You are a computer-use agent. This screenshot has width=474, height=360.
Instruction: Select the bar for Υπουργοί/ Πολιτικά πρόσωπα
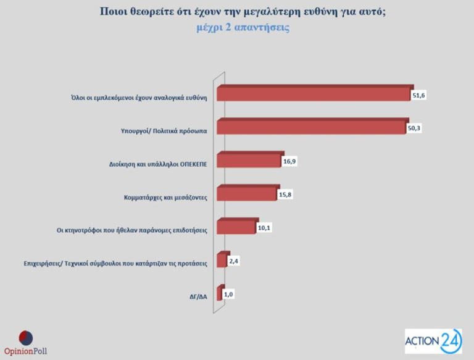coord(312,127)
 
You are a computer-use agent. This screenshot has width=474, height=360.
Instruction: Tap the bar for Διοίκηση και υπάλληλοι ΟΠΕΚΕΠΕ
coord(249,161)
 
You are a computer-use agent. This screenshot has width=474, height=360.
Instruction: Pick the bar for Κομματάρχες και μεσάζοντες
coord(246,195)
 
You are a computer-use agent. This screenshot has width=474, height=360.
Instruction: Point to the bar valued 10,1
coord(236,228)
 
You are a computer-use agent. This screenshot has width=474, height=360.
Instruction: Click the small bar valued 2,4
coord(222,261)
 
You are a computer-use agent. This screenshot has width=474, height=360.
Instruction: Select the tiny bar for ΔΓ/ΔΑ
coord(220,294)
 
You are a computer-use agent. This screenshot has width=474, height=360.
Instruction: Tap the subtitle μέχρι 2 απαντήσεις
coord(243,28)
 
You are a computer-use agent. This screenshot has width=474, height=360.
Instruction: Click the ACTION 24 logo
coord(433,341)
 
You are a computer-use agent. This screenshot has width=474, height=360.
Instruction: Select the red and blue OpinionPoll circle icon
coord(25,338)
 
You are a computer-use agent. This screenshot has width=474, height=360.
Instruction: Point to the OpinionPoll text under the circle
coord(25,351)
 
